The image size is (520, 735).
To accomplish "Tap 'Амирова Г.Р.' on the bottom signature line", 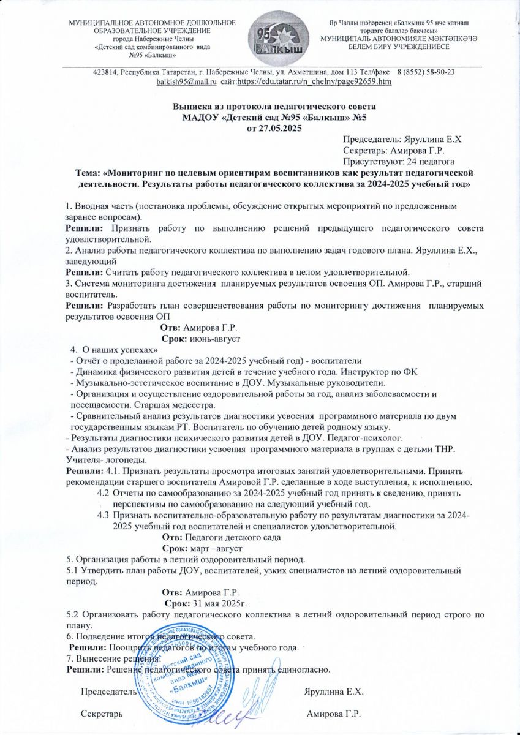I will pyautogui.click(x=333, y=714).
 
